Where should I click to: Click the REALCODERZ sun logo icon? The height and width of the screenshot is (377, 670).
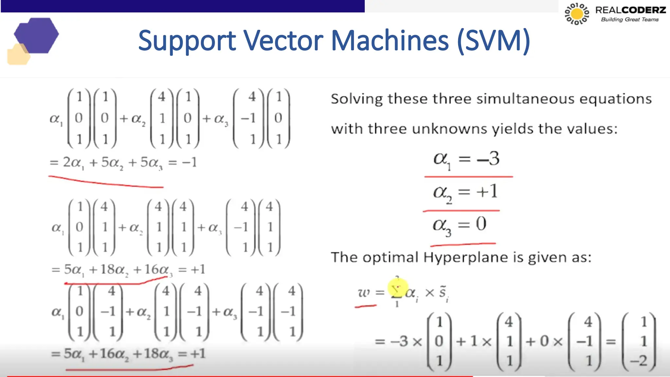pyautogui.click(x=577, y=14)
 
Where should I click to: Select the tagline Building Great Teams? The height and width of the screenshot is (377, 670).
pyautogui.click(x=629, y=20)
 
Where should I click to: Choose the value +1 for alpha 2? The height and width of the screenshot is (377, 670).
pyautogui.click(x=487, y=191)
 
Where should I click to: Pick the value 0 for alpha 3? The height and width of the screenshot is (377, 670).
pyautogui.click(x=481, y=224)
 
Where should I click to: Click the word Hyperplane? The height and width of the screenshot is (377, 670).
pyautogui.click(x=466, y=258)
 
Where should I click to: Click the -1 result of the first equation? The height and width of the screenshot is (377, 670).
pyautogui.click(x=189, y=162)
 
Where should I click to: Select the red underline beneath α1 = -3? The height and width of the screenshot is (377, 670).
pyautogui.click(x=468, y=177)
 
